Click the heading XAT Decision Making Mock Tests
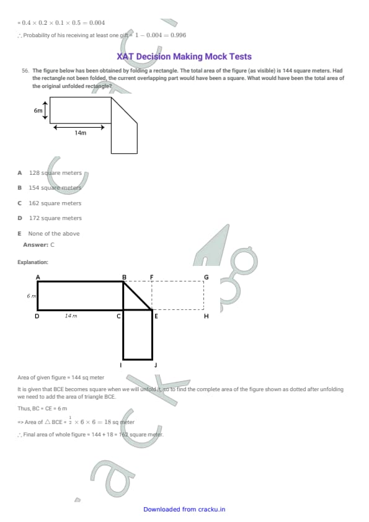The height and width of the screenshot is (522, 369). (184, 56)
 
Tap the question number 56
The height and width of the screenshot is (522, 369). (25, 71)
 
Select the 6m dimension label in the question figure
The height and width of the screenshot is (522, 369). (38, 110)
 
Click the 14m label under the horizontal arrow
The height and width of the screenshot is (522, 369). (80, 133)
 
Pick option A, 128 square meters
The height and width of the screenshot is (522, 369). (50, 173)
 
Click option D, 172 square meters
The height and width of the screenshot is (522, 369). (50, 218)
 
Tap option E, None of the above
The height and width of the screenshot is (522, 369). (48, 234)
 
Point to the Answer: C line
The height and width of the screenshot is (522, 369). (38, 245)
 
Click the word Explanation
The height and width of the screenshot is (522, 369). (33, 262)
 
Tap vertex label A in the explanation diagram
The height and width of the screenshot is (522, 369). (38, 277)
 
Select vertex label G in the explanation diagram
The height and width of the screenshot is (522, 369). (206, 277)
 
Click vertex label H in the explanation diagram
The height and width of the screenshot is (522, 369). (206, 316)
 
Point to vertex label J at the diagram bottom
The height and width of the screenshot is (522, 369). (156, 365)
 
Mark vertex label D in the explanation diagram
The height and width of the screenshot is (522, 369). (37, 316)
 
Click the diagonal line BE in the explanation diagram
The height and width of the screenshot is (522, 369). (138, 296)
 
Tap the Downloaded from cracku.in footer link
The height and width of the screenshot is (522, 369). (184, 510)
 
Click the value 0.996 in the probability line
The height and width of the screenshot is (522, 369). (178, 35)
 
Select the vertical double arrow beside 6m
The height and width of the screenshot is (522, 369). (45, 110)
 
